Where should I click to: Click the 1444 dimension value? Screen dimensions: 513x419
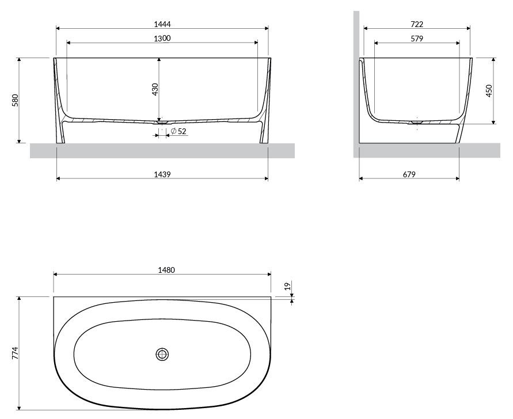(x=162, y=24)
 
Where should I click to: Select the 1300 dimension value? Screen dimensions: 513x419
(x=162, y=38)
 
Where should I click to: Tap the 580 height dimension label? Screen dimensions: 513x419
(x=15, y=100)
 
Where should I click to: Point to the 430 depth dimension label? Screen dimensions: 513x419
(x=155, y=89)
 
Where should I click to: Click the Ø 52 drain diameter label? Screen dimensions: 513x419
(x=178, y=131)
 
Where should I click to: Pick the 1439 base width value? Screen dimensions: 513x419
(x=162, y=174)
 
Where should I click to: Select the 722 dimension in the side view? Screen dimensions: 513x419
(x=417, y=24)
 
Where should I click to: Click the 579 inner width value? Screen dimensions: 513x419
(x=417, y=39)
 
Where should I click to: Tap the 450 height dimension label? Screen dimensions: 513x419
(x=489, y=90)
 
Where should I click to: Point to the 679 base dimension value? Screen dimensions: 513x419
(x=409, y=174)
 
